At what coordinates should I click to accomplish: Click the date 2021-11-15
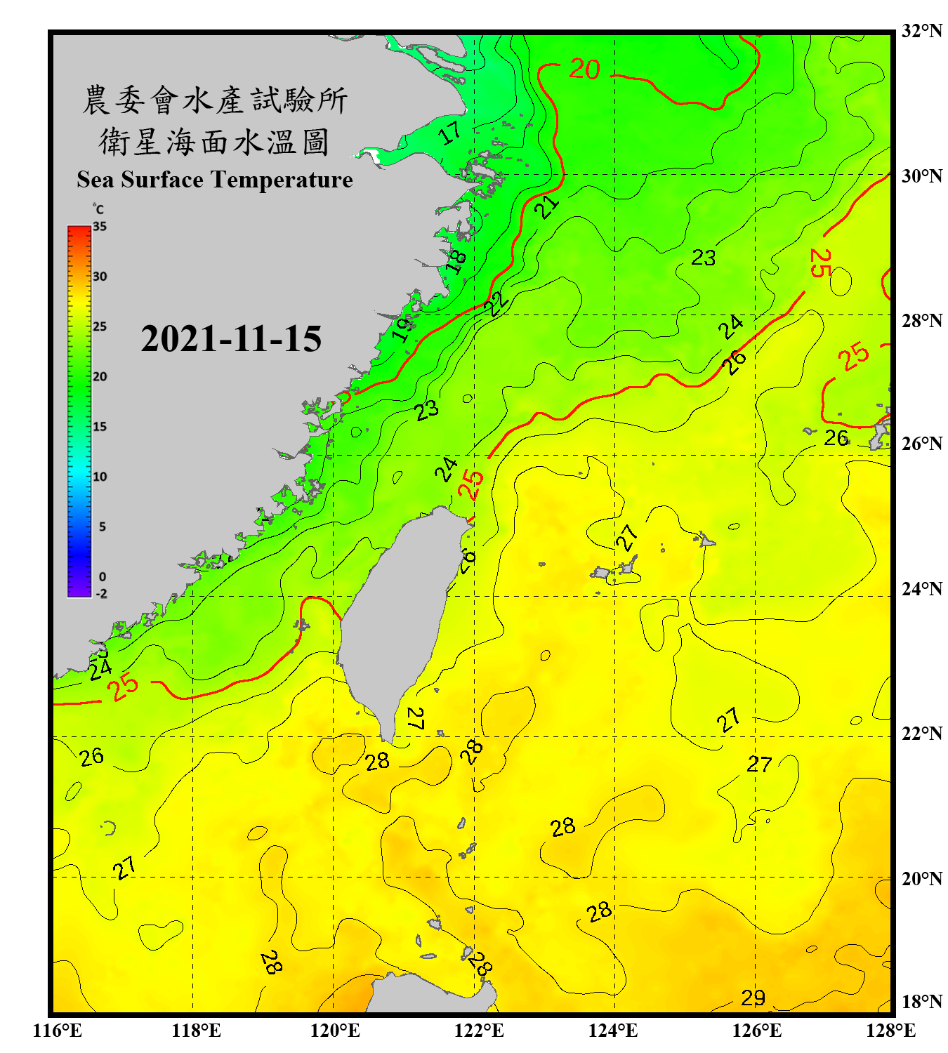[x=231, y=338]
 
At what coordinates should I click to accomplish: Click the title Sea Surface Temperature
[x=214, y=180]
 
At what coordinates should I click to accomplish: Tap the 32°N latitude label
[x=921, y=31]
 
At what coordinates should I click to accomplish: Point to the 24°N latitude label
[x=921, y=588]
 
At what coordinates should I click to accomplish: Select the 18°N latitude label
[x=921, y=1002]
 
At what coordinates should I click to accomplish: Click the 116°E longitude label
[x=58, y=1031]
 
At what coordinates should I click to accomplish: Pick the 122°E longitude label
[x=479, y=1031]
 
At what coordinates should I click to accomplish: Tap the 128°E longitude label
[x=890, y=1031]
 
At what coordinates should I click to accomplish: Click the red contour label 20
[x=584, y=69]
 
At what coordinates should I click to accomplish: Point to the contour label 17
[x=450, y=132]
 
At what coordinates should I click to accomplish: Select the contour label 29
[x=753, y=998]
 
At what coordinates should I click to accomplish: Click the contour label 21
[x=546, y=206]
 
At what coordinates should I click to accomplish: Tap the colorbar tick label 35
[x=100, y=227]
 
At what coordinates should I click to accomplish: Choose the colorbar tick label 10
[x=100, y=477]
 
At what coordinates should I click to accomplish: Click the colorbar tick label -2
[x=101, y=594]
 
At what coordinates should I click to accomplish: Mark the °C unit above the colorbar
[x=98, y=209]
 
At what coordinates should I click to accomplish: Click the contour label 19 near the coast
[x=402, y=328]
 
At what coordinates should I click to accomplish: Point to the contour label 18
[x=456, y=261]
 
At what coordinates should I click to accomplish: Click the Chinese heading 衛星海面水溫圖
[x=214, y=143]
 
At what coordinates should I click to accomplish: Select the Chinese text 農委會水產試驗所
[x=214, y=100]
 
